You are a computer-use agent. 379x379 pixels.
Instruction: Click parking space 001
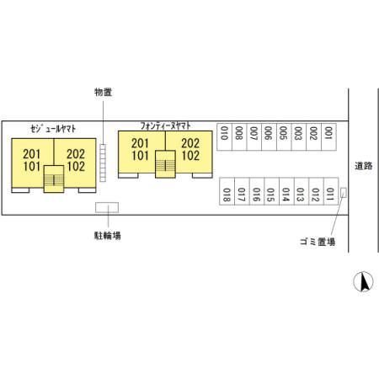point(328,136)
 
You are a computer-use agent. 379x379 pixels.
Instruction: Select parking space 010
point(224,136)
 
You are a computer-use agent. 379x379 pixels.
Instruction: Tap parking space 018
point(227,191)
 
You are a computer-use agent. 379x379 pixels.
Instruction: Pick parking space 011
point(331,191)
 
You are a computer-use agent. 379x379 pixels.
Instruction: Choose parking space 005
point(284,136)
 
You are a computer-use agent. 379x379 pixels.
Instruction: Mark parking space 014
point(286,191)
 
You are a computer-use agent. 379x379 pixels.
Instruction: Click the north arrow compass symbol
point(363,281)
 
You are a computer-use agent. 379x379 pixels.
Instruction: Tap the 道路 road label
point(364,166)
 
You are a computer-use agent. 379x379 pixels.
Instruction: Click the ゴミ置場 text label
point(318,241)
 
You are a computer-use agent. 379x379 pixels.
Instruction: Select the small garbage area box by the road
point(343,193)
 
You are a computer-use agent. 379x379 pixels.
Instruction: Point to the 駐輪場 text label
point(108,235)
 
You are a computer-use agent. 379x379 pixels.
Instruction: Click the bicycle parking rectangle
point(107,207)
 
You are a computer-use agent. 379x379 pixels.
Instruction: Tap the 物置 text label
point(104,92)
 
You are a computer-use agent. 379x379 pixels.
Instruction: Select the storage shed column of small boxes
point(103,163)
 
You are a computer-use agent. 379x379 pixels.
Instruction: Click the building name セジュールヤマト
point(53,129)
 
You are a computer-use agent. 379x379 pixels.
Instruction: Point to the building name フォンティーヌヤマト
point(166,125)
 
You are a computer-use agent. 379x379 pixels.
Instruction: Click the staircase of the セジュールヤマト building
point(54,179)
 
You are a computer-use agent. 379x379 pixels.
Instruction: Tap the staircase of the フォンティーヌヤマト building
point(165,164)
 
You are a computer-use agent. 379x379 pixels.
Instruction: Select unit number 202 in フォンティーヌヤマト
point(190,143)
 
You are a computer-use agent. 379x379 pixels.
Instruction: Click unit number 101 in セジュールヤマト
point(32,166)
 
